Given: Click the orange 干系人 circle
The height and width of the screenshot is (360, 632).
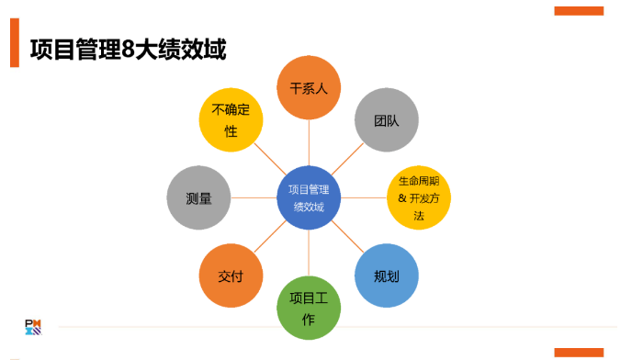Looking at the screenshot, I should click(309, 88).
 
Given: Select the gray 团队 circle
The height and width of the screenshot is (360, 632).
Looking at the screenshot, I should click(387, 120).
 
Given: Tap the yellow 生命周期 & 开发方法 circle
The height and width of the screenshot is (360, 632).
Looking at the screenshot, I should click(419, 197).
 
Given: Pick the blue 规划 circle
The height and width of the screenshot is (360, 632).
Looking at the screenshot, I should click(387, 276).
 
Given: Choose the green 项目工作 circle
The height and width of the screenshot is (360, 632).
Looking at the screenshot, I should click(309, 308).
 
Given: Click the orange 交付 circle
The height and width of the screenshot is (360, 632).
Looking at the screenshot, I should click(231, 276).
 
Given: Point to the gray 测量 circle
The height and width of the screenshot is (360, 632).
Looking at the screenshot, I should click(198, 197).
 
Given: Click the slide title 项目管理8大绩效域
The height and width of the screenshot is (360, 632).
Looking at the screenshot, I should click(128, 49).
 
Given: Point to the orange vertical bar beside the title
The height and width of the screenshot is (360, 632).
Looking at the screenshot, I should click(14, 42).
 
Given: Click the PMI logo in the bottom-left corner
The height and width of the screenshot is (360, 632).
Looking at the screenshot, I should click(33, 326).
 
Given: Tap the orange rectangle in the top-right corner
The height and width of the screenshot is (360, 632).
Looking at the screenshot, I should click(579, 11).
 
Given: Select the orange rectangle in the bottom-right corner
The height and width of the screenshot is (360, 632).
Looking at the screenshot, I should click(579, 352).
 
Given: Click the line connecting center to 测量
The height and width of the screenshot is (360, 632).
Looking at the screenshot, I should click(253, 197).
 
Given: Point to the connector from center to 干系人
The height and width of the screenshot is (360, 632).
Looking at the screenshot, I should click(309, 142).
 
